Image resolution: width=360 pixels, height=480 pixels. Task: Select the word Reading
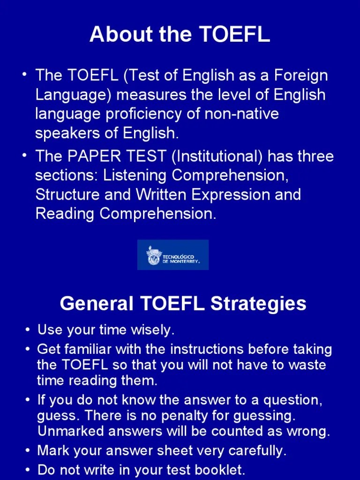click(66, 214)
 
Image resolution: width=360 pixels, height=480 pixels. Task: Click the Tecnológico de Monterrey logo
click(173, 255)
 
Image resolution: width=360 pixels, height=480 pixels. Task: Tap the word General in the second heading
click(97, 304)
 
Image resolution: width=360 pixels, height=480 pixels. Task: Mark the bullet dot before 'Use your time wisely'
click(29, 330)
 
